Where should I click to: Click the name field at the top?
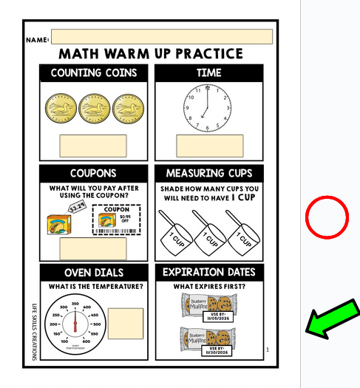[x=161, y=37]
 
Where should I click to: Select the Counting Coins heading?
[x=94, y=73]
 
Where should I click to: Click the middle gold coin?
[x=94, y=109]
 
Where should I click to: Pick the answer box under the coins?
[x=93, y=146]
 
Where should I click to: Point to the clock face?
[x=208, y=109]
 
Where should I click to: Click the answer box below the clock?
[x=209, y=146]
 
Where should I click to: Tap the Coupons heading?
[x=94, y=173]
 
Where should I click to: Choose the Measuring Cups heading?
[x=209, y=173]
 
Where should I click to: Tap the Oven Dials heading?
[x=94, y=273]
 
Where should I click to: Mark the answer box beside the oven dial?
[x=126, y=323]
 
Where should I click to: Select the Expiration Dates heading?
[x=209, y=273]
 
